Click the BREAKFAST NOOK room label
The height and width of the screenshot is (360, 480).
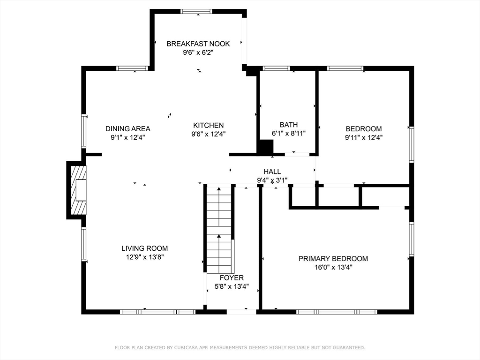198,44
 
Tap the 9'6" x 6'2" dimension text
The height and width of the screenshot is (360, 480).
198,52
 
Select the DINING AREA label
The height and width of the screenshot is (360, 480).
127,128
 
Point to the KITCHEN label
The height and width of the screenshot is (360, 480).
209,125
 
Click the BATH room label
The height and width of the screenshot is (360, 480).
289,125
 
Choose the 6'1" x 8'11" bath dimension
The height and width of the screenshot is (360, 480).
289,133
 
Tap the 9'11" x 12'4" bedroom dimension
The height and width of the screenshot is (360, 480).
364,137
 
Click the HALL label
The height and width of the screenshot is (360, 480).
272,172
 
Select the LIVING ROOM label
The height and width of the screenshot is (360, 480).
144,248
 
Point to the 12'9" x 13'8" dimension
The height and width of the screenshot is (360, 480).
144,257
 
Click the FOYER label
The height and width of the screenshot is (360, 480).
232,278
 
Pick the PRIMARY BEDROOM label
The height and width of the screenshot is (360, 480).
333,259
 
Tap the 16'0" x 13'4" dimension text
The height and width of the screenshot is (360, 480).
333,267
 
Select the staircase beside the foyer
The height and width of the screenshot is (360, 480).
219,230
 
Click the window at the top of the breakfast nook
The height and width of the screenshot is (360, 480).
196,11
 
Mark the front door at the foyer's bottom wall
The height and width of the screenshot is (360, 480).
241,311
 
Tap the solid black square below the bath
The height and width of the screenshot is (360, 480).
266,147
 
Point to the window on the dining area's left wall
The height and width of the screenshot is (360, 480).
84,131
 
